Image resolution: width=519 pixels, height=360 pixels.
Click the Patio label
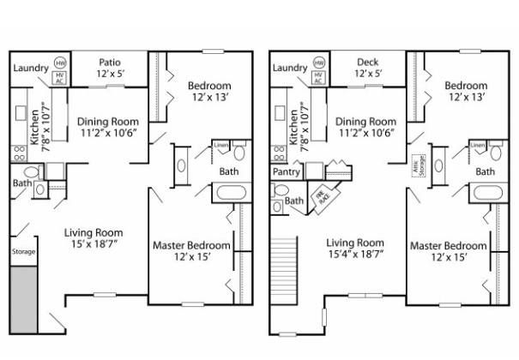point(109,61)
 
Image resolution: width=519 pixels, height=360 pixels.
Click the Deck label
point(366,61)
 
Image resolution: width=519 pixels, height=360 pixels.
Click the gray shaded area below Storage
point(23,300)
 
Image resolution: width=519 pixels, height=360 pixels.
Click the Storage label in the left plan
point(23,252)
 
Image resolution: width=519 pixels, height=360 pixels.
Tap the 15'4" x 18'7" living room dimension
point(355,255)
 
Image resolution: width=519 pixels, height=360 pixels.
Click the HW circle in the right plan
point(318,63)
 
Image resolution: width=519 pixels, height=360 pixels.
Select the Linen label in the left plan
point(220,146)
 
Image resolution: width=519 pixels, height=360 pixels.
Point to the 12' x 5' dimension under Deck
point(366,74)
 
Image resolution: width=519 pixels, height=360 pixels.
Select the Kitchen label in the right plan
point(293,127)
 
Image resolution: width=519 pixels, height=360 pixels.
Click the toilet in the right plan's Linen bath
point(497,154)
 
